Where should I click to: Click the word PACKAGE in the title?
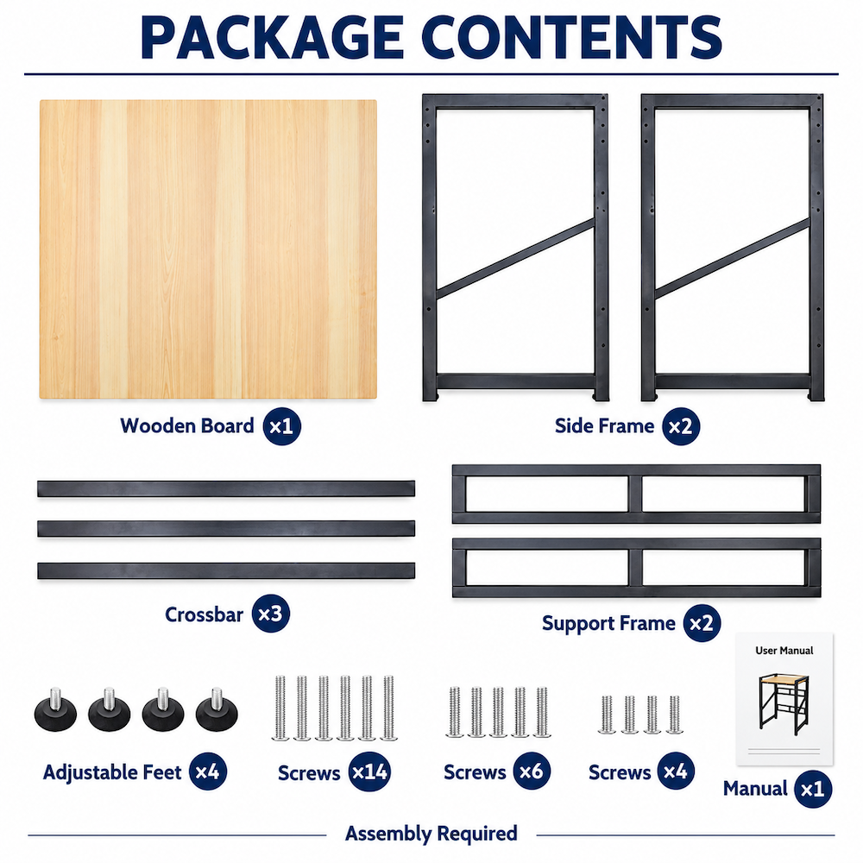coord(273,37)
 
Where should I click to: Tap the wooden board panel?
coord(208,249)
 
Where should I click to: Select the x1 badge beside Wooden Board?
coord(282,426)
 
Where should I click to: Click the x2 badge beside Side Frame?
coord(681,426)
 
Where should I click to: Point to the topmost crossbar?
coord(226,488)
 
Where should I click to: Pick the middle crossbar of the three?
coord(226,529)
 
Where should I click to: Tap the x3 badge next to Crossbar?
coord(271,614)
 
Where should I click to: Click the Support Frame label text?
coord(608,624)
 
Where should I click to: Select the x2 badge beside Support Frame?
coord(702,623)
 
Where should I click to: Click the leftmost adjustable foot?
coord(55,710)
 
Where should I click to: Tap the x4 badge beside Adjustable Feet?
coord(208,771)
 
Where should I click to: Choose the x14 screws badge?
coord(370,772)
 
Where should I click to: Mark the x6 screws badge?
coord(532,771)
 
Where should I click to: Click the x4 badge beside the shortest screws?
coord(676,771)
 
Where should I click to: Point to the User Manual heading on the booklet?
coord(784,651)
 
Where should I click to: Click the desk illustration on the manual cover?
coord(784,704)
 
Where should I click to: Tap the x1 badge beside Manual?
coord(813,790)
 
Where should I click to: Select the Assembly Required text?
coord(431,834)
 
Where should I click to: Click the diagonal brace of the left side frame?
coord(515,259)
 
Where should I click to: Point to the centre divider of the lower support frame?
coord(635,568)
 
